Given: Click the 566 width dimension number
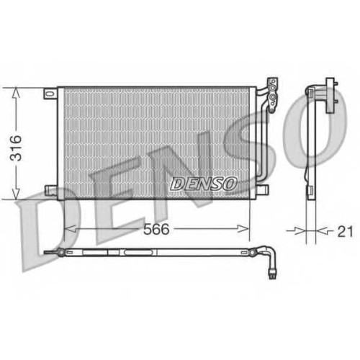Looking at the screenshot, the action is [x=156, y=229].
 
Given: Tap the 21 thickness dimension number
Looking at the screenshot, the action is [x=345, y=231].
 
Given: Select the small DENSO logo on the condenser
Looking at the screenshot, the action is [x=203, y=184].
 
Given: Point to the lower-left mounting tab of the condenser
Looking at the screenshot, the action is [x=51, y=189].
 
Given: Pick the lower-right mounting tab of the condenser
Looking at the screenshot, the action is [x=262, y=189].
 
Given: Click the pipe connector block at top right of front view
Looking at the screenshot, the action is [x=273, y=95].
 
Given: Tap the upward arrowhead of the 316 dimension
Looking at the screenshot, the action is [x=16, y=92].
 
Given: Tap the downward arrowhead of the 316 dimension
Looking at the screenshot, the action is [x=16, y=194].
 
